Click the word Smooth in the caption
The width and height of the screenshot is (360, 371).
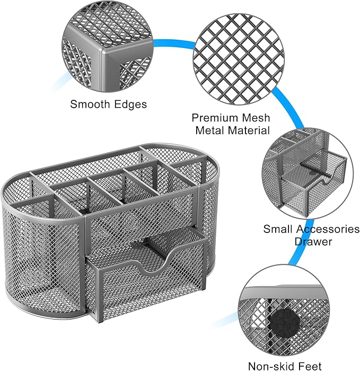tap(90, 104)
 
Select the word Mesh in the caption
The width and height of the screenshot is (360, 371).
tap(255, 118)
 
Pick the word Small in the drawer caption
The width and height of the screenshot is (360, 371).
tap(278, 229)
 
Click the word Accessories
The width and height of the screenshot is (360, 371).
tap(328, 229)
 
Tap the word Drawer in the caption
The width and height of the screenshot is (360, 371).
tap(313, 242)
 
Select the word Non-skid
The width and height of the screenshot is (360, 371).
tap(270, 366)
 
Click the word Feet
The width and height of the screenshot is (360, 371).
tap(310, 366)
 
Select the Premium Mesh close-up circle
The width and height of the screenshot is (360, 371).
tap(239, 59)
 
